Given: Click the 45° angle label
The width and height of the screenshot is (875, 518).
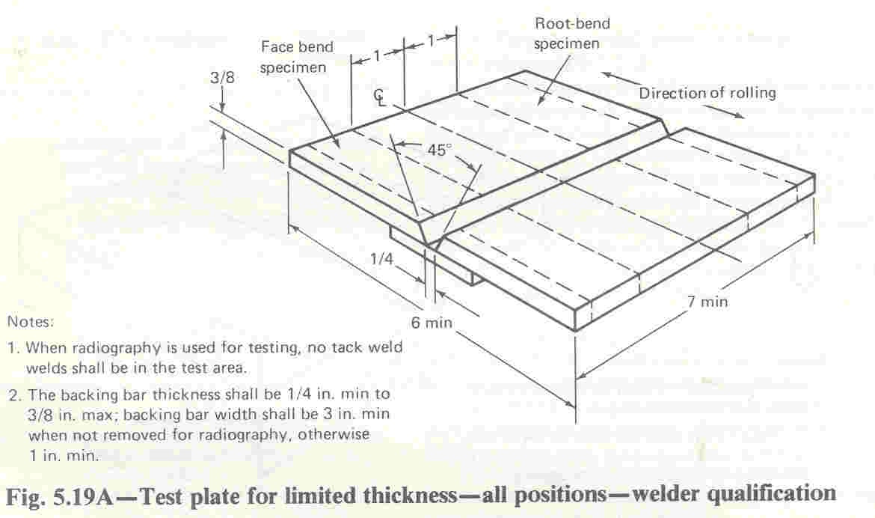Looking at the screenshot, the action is [439, 149].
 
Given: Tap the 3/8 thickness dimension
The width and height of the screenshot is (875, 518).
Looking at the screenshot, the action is [222, 77].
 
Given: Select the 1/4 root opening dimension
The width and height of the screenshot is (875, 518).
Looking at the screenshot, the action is [381, 258].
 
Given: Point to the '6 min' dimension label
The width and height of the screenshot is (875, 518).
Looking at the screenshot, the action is [432, 323].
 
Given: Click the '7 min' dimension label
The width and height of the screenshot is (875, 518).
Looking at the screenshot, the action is [707, 302].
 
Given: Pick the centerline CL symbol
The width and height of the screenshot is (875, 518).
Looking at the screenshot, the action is [380, 96].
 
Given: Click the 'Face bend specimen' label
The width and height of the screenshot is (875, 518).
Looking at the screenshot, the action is [297, 57].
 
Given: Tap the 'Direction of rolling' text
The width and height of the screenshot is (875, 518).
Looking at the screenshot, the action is [707, 93].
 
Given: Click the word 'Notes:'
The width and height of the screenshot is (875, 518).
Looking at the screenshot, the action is [31, 322].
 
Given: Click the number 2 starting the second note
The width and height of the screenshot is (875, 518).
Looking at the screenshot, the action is [13, 395].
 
